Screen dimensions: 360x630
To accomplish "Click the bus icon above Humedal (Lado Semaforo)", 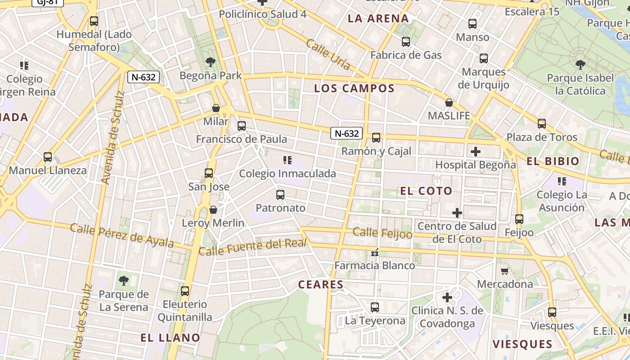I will click(x=94, y=21).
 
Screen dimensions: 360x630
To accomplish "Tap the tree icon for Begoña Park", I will click(x=210, y=62).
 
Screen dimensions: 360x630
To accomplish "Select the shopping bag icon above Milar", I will click(x=216, y=108).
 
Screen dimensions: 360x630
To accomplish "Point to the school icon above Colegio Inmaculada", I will click(x=287, y=160).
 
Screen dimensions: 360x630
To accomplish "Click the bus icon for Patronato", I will click(x=280, y=194).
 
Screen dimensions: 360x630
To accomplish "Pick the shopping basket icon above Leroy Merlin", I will click(x=213, y=210).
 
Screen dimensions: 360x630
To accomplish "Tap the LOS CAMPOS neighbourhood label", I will click(x=354, y=88).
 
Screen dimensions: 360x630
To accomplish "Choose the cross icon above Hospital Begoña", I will click(x=475, y=151).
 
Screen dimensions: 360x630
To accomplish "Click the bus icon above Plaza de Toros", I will click(x=541, y=123).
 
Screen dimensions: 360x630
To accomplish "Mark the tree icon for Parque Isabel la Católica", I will click(x=580, y=64).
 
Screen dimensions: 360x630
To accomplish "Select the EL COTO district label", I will click(x=426, y=191).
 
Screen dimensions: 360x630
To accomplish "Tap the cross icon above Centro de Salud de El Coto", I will click(x=457, y=212).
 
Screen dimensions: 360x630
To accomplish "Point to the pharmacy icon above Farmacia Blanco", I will click(x=374, y=253).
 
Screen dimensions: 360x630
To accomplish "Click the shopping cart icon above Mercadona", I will click(x=504, y=271).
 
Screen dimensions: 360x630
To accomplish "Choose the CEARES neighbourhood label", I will click(x=321, y=284).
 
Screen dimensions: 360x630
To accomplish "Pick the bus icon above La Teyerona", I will click(x=375, y=307).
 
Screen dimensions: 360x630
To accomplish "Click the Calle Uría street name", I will click(x=328, y=54).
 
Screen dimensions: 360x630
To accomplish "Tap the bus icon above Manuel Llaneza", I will click(x=48, y=157).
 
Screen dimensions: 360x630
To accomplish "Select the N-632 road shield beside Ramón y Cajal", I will click(x=346, y=133).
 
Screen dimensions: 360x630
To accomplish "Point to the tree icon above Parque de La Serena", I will click(x=123, y=281).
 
